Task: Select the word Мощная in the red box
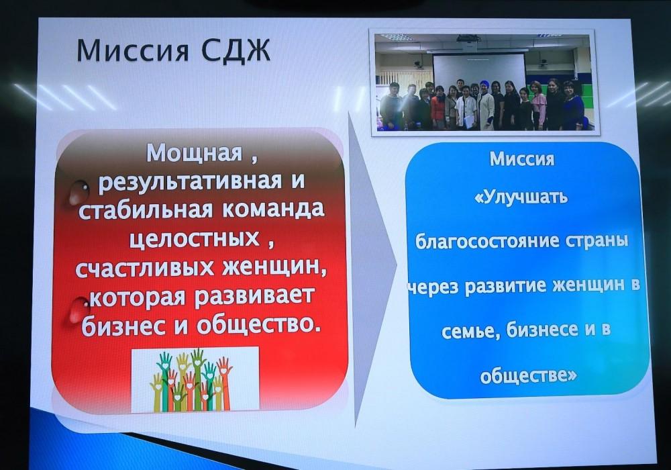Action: [x=195, y=153]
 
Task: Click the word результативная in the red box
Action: [x=190, y=181]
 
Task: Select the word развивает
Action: [x=255, y=297]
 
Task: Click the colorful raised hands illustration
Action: [x=195, y=379]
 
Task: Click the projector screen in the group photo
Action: [x=479, y=73]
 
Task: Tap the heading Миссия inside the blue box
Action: [x=522, y=159]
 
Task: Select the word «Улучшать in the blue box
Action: [x=521, y=198]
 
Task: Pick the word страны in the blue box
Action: [x=597, y=240]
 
